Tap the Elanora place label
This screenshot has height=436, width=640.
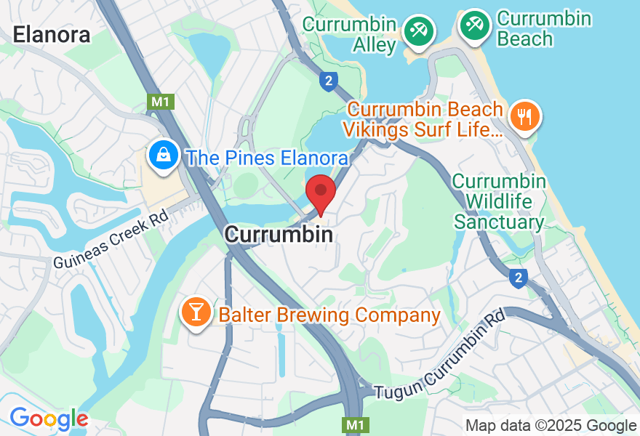tap(52, 34)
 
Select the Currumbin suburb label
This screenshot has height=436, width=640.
tap(279, 235)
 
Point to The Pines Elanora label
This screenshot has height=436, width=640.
tap(266, 158)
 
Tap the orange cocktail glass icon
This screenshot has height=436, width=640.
tap(196, 312)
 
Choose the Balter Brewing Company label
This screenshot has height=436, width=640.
tap(329, 315)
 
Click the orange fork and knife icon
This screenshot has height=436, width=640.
tap(524, 116)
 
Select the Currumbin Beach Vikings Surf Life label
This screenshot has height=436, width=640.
tap(425, 120)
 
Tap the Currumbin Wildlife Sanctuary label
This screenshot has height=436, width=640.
tap(500, 201)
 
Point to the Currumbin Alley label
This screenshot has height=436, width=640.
tap(351, 34)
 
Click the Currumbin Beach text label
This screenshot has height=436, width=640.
tap(544, 28)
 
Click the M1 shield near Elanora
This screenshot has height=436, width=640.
tap(161, 102)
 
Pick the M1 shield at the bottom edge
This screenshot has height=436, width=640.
tap(353, 424)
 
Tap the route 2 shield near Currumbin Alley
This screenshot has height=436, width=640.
tap(329, 81)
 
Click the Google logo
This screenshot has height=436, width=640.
tap(49, 419)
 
